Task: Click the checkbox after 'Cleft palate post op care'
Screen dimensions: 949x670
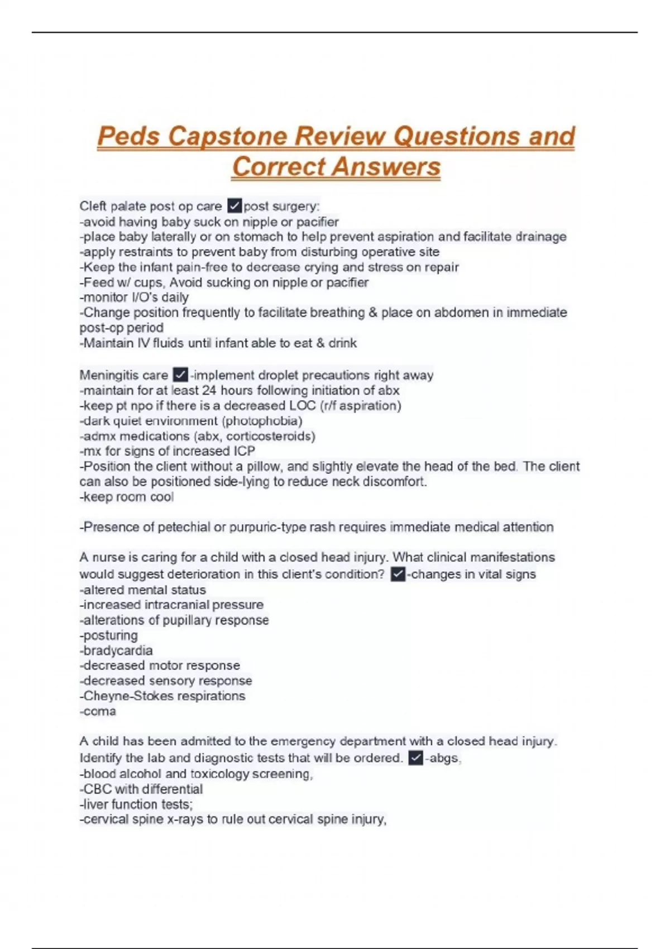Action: [x=234, y=206]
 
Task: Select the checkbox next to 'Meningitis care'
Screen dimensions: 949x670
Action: [x=180, y=375]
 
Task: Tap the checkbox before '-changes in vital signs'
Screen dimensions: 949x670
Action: [x=398, y=574]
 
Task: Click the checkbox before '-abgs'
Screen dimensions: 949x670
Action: [x=415, y=758]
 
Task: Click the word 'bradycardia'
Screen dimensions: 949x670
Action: [x=117, y=650]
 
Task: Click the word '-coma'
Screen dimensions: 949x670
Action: [x=98, y=711]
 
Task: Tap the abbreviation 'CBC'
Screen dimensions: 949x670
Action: [x=98, y=789]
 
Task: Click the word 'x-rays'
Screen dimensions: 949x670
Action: [x=185, y=819]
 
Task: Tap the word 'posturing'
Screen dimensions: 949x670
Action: [x=109, y=635]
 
